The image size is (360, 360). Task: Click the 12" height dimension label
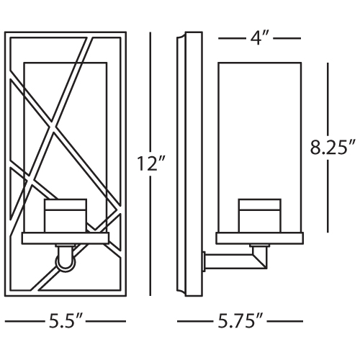(151, 163)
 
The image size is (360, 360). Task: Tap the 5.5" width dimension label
(66, 321)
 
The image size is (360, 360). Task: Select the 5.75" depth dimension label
(240, 321)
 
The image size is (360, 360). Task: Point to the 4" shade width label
(258, 38)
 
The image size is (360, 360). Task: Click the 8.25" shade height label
(332, 147)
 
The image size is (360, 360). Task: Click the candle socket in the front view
(66, 215)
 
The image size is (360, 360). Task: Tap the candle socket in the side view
(260, 215)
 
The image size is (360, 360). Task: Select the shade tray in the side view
(259, 238)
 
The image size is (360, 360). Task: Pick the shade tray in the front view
(66, 238)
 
